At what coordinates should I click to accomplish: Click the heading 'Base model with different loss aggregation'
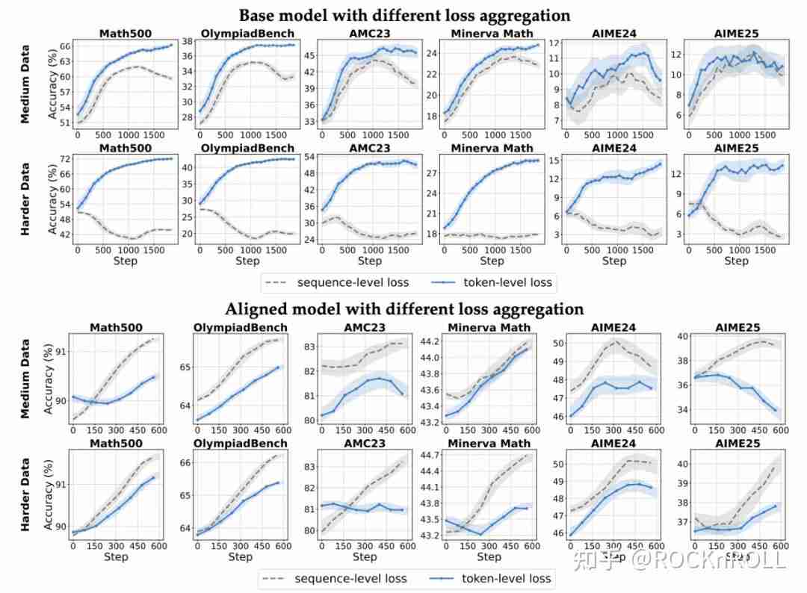click(x=404, y=16)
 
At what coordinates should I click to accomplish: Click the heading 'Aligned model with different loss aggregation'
click(x=404, y=309)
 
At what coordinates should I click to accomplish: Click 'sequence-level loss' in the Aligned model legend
click(x=351, y=578)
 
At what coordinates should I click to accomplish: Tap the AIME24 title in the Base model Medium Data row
click(x=613, y=33)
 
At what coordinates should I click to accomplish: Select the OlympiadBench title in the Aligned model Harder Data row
click(x=241, y=444)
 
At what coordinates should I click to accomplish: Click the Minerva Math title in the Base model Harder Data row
click(x=492, y=148)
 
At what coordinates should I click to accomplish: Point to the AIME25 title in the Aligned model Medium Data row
click(x=736, y=328)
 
